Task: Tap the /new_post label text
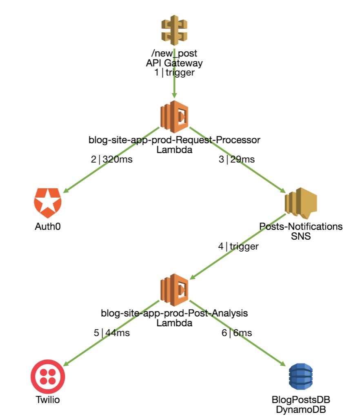point(174,53)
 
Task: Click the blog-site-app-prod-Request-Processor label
point(174,140)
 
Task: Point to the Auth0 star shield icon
point(48,203)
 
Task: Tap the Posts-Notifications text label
point(301,226)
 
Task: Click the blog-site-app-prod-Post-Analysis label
point(174,314)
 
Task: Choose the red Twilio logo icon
point(48,377)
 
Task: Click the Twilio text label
point(48,400)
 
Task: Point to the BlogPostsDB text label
point(301,400)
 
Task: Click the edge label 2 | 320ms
point(112,159)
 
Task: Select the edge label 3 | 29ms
point(237,159)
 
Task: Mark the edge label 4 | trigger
point(238,246)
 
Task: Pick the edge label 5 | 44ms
point(112,333)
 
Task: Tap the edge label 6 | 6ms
point(237,333)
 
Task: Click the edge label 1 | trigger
point(174,73)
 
